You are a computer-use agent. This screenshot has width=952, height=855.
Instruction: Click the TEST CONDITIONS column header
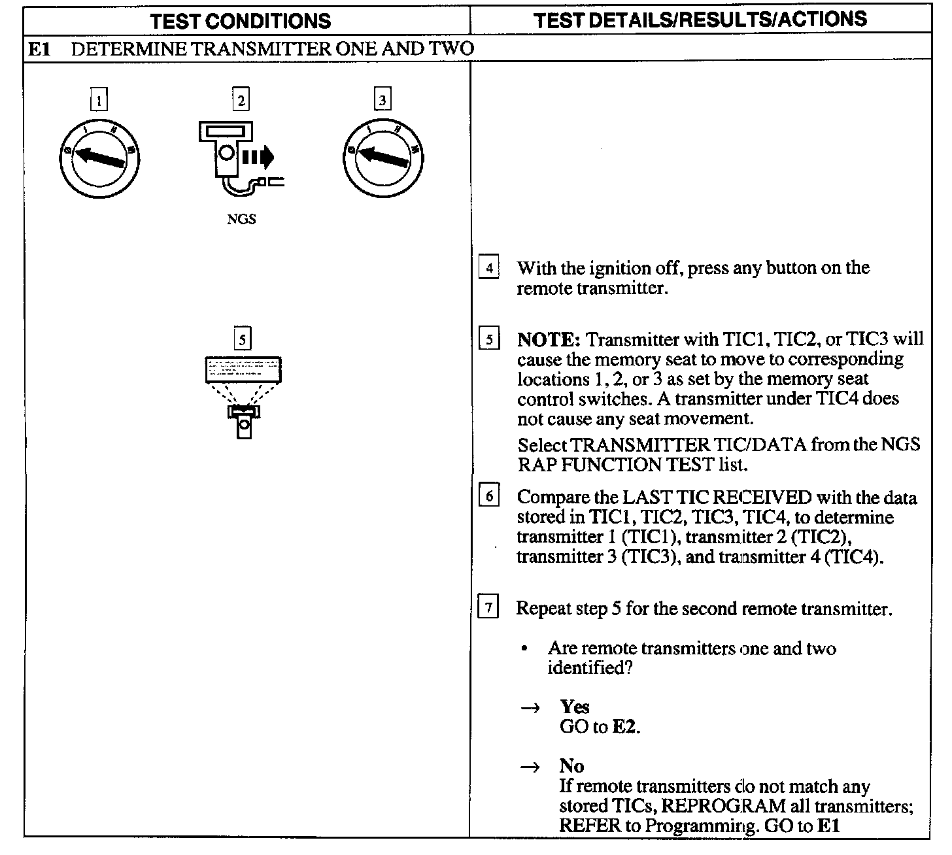[x=241, y=21]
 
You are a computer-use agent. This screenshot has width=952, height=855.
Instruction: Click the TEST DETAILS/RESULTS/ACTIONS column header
[x=700, y=20]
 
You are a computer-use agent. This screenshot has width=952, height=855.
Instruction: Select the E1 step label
[x=39, y=49]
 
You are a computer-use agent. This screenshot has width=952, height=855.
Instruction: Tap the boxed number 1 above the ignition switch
[x=99, y=101]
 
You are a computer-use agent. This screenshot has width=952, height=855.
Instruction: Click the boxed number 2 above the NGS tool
[x=241, y=100]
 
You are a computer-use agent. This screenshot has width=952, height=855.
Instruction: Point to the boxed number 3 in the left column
[x=382, y=100]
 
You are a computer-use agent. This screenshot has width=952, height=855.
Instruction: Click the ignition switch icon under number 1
[x=99, y=158]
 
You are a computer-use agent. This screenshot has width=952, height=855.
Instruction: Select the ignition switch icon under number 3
[x=383, y=158]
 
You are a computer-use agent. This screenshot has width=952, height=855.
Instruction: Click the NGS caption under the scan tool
[x=241, y=220]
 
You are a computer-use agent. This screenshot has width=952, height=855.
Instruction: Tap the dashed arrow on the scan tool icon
[x=258, y=157]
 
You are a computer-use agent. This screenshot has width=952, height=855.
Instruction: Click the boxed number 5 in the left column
[x=243, y=339]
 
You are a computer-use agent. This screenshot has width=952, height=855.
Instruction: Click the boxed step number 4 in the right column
[x=489, y=268]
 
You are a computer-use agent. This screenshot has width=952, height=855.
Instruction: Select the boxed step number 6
[x=489, y=497]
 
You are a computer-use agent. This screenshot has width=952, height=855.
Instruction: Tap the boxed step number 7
[x=489, y=609]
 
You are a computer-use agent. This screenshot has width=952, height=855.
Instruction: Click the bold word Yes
[x=575, y=707]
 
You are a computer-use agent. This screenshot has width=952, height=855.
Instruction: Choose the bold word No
[x=571, y=766]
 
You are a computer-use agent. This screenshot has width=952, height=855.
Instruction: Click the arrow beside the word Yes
[x=530, y=708]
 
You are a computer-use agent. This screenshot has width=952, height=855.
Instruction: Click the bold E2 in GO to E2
[x=624, y=727]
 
